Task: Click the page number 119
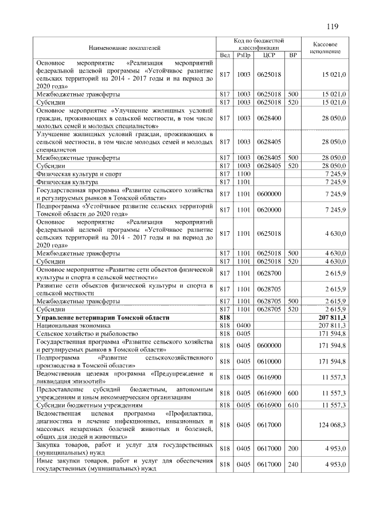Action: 332,26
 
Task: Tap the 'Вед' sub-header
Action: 225,56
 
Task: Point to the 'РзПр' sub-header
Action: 244,56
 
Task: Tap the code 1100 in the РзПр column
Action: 244,173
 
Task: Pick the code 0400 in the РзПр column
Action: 244,325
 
